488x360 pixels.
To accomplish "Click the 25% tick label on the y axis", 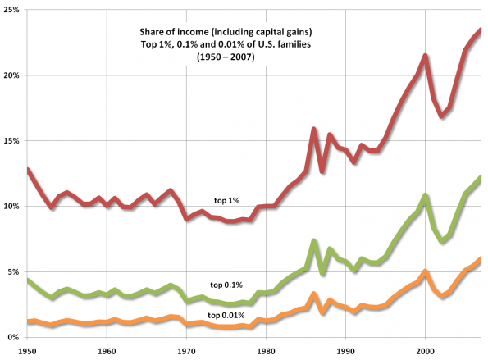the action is (x=11, y=9).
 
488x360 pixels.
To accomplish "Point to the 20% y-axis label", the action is (x=11, y=75).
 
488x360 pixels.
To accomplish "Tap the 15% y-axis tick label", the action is (x=11, y=141).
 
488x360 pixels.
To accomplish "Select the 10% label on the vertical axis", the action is (x=11, y=207).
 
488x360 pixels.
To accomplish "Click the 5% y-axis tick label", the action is (x=13, y=272).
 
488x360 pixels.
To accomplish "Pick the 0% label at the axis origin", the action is (x=13, y=338).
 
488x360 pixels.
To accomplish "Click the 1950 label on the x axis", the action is (x=27, y=351).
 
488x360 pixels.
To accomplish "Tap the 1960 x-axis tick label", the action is (x=107, y=351).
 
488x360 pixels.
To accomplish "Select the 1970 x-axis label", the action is (x=186, y=351).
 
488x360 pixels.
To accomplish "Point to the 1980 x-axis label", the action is (x=266, y=351).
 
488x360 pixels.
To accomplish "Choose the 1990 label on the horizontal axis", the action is (x=346, y=351).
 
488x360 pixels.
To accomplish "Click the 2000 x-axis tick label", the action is (x=425, y=351).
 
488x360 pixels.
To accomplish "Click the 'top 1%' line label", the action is (x=226, y=201).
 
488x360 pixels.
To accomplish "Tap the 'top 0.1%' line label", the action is (x=226, y=285).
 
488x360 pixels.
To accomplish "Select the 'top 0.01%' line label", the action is (x=226, y=316).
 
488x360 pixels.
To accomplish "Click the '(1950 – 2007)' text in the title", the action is (x=226, y=57).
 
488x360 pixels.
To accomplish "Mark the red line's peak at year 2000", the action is (x=425, y=56).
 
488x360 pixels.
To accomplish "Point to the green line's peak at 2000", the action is (x=425, y=195).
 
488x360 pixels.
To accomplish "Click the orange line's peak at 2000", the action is (x=425, y=271).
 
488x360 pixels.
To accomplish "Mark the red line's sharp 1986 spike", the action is (x=313, y=129).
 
